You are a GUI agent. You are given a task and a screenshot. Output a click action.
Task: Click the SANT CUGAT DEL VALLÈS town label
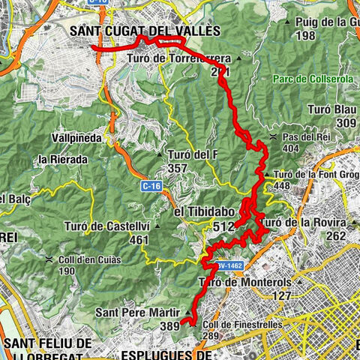144,31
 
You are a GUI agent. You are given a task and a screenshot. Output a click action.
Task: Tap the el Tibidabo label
204,213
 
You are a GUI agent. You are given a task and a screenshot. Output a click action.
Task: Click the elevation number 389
170,325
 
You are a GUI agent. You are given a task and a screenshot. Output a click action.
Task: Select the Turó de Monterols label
244,282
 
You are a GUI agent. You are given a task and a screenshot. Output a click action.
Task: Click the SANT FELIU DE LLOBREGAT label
46,349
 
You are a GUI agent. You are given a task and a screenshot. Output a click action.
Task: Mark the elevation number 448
281,186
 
